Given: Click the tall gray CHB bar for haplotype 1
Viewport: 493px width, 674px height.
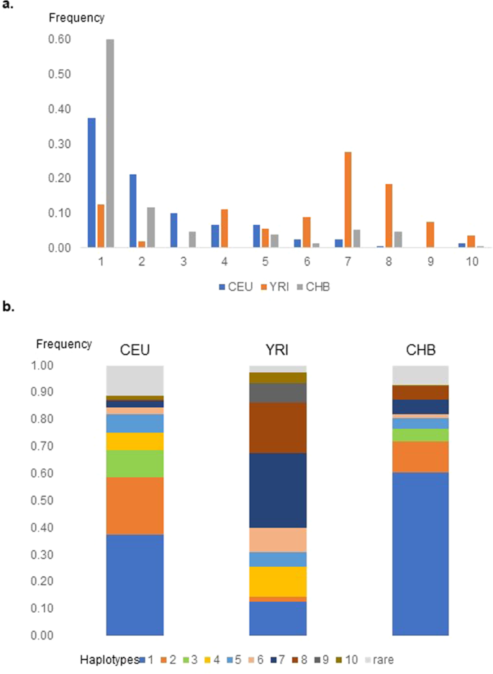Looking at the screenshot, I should click(x=110, y=144).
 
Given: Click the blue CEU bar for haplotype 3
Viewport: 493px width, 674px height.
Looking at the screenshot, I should click(x=174, y=230).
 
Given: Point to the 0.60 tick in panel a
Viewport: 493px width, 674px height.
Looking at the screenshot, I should click(x=60, y=40).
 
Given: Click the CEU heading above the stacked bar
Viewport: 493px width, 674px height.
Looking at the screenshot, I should click(x=135, y=351).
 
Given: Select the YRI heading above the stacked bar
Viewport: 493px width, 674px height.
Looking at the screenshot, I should click(x=277, y=351).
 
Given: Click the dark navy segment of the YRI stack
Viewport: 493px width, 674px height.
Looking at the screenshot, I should click(x=277, y=491).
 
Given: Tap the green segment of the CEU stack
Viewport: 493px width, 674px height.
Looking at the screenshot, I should click(x=135, y=463).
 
